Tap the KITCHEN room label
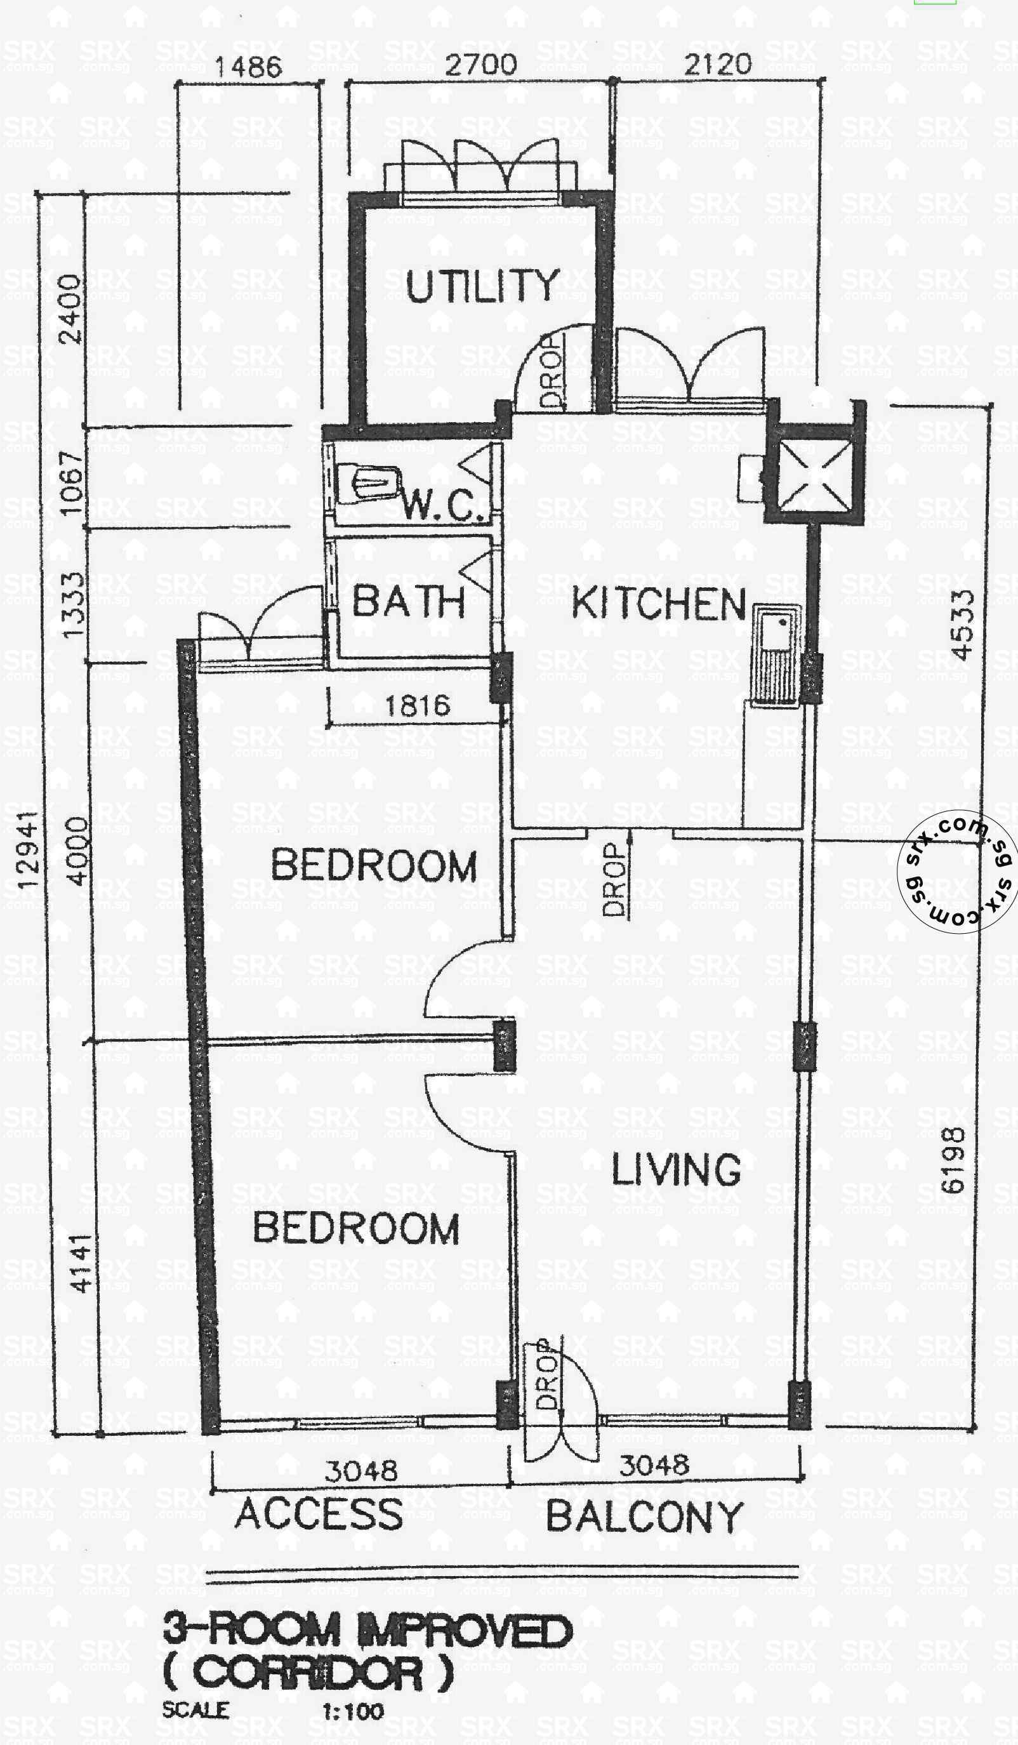(659, 604)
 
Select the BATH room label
(409, 601)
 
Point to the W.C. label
(442, 505)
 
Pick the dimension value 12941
(28, 850)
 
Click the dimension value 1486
(248, 67)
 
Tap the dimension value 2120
(717, 64)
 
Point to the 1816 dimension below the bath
(418, 706)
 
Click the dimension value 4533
(963, 625)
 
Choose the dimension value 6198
(954, 1160)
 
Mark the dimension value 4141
(82, 1264)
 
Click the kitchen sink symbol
(776, 655)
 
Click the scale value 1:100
(352, 1712)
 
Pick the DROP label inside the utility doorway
(552, 371)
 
